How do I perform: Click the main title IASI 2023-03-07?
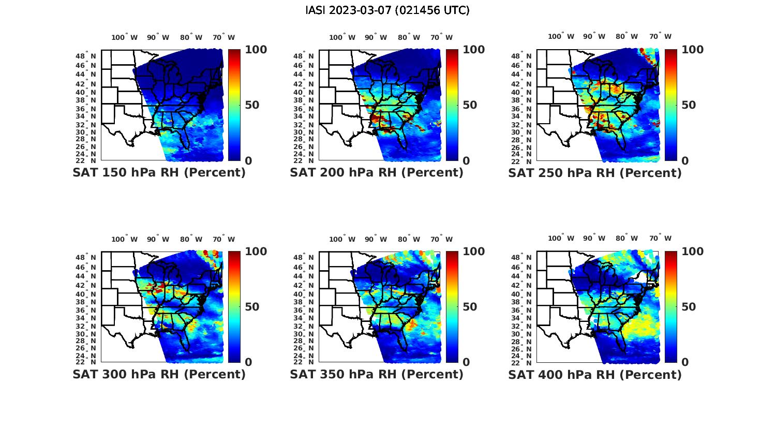387,10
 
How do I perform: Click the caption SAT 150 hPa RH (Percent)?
159,173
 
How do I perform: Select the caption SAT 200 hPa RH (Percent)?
377,173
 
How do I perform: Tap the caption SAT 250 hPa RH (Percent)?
595,173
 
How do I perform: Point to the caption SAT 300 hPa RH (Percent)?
159,374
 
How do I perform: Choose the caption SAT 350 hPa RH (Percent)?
377,374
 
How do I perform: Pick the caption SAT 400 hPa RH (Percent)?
595,374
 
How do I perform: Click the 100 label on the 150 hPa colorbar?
256,50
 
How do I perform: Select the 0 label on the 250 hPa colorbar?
685,160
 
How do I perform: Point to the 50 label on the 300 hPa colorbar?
252,307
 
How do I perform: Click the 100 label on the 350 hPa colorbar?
474,252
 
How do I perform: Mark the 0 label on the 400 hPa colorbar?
685,362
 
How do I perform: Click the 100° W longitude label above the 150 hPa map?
125,37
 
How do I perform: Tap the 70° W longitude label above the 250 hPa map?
661,36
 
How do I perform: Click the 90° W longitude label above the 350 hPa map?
376,239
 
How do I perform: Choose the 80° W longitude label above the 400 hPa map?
626,238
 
